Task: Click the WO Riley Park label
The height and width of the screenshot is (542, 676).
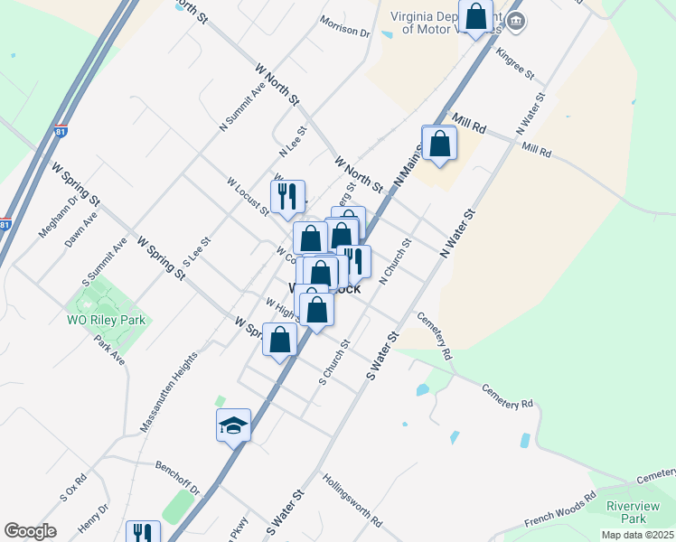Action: (x=107, y=320)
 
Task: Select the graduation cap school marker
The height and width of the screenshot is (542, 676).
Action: (x=233, y=425)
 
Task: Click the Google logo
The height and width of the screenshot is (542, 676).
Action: (x=30, y=531)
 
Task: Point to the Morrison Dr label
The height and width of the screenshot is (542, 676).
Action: (x=345, y=26)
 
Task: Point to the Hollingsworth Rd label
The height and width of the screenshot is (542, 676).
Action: (x=352, y=502)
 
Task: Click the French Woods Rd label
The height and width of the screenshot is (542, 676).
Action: (x=560, y=510)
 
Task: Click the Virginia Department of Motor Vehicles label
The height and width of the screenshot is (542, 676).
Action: (x=443, y=23)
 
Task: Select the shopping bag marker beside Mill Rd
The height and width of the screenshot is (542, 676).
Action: (x=439, y=145)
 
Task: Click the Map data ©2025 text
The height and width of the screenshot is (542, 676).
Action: (x=638, y=535)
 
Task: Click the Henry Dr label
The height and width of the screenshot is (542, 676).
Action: (x=93, y=521)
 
